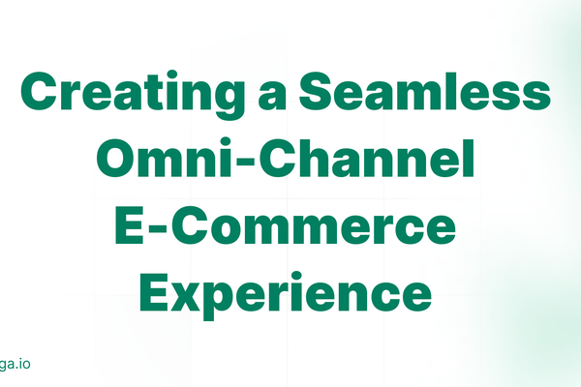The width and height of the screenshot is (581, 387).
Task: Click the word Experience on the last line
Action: (290, 290)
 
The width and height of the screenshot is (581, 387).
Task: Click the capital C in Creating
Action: (42, 93)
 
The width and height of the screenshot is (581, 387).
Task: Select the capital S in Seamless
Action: (318, 93)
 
